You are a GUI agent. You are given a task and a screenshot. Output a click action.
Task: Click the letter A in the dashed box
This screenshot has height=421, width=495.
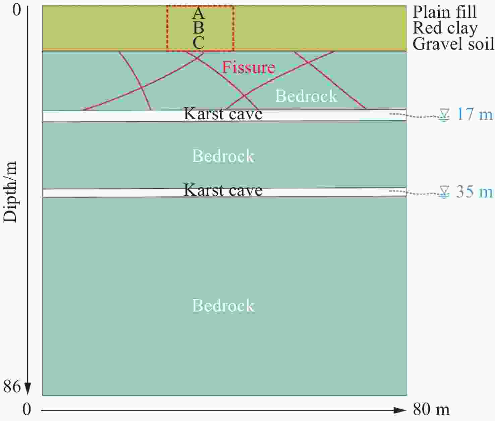click(199, 13)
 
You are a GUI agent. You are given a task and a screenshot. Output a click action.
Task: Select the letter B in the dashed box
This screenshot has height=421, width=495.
click(199, 28)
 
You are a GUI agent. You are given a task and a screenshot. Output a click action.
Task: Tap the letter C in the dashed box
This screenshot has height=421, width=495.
click(199, 43)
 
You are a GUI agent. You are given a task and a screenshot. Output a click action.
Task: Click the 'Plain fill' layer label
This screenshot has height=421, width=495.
click(445, 12)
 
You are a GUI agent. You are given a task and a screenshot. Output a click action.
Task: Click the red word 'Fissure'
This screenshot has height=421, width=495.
click(249, 67)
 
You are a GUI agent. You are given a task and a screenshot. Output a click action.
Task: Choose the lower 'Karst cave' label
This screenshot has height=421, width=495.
click(223, 190)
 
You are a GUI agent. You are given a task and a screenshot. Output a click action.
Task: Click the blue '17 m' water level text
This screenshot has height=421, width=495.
click(475, 114)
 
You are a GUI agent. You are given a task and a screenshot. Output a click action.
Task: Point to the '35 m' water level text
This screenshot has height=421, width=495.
click(475, 192)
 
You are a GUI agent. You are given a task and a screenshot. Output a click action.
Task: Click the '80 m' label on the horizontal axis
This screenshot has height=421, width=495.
click(431, 409)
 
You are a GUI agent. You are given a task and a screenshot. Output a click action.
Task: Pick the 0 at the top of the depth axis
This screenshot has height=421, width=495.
click(17, 10)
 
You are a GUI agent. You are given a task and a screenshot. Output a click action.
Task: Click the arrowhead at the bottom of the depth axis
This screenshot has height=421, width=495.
click(28, 388)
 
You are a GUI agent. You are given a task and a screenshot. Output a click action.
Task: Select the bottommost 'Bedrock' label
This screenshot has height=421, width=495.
click(223, 306)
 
